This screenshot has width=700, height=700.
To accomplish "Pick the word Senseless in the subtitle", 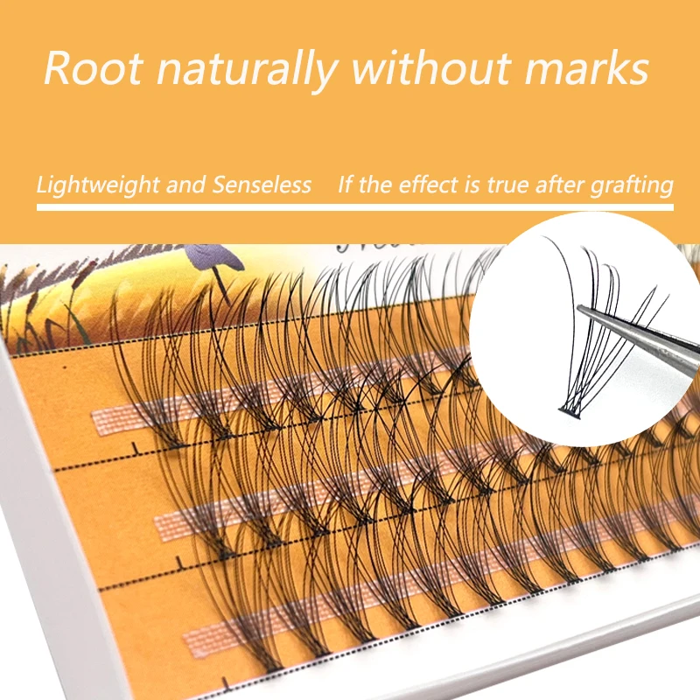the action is coord(262,185).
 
